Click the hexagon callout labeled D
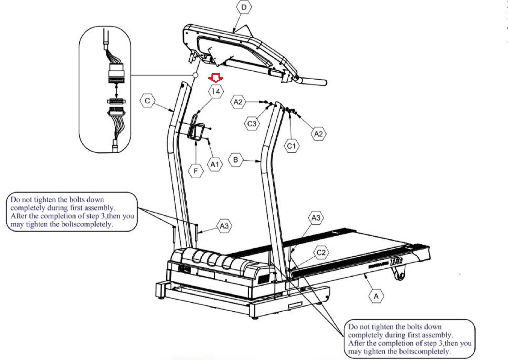click(244, 7)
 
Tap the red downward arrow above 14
click(216, 78)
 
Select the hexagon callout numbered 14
click(216, 91)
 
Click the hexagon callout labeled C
click(147, 101)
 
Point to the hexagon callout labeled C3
click(252, 123)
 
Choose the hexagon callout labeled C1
click(291, 146)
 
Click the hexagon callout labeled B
click(236, 159)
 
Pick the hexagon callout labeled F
click(196, 171)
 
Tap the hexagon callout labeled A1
click(215, 164)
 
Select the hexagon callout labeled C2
click(321, 252)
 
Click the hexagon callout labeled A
click(376, 296)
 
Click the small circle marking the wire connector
click(195, 75)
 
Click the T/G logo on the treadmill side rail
click(397, 261)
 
